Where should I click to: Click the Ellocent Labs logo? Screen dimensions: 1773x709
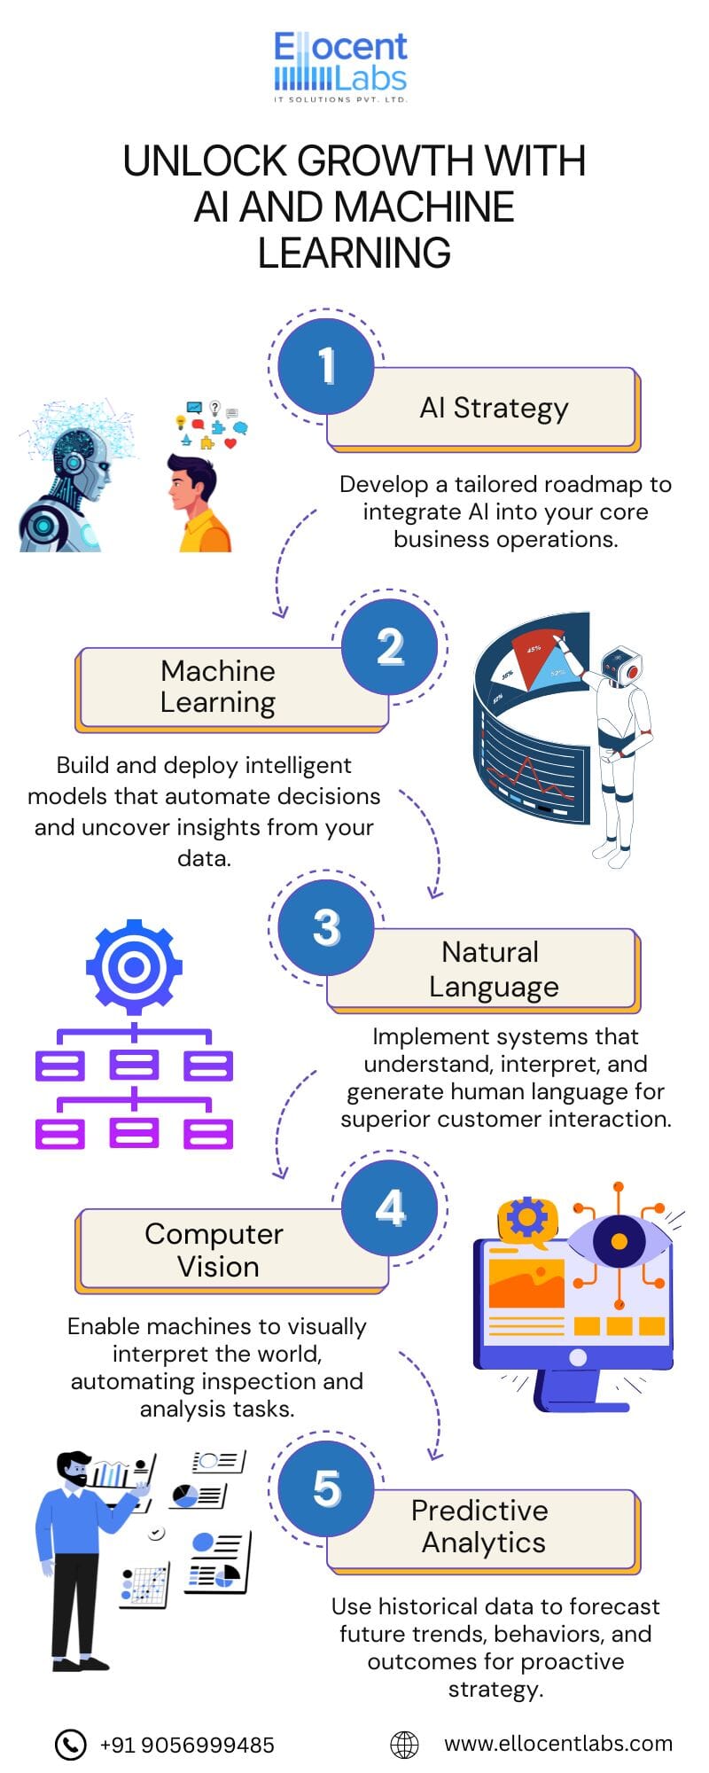341,67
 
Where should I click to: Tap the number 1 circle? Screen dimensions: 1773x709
326,365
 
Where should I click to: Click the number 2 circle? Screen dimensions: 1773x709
390,646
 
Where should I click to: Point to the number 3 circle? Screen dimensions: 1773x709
326,927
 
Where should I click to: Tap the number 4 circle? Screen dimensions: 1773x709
390,1207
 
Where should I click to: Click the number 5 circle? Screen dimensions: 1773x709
326,1488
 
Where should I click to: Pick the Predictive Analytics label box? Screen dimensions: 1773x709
484,1527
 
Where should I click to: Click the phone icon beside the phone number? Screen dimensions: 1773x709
71,1744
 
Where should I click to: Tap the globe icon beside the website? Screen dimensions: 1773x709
405,1744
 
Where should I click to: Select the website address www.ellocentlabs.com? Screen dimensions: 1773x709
558,1744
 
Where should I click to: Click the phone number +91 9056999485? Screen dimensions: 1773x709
187,1745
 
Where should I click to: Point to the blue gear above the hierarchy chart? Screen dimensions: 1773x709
134,966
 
